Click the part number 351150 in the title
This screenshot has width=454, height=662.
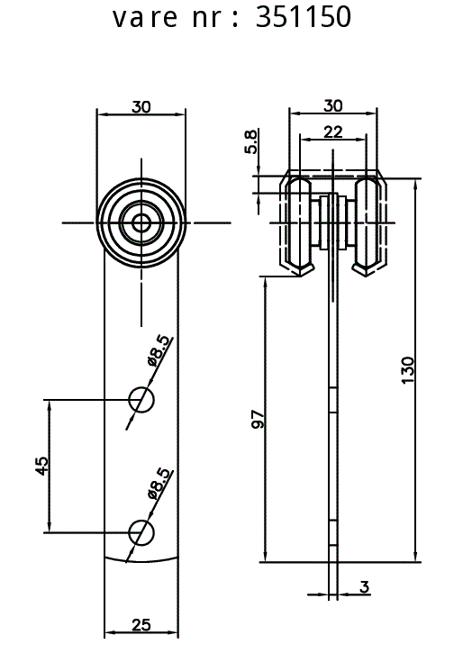(x=304, y=17)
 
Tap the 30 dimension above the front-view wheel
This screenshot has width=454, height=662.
(x=141, y=107)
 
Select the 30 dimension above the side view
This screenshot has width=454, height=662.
(x=332, y=105)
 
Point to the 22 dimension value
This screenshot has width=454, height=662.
(x=332, y=132)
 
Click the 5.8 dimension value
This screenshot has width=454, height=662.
(x=250, y=142)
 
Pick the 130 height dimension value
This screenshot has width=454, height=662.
(x=408, y=370)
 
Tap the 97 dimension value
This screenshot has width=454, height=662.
(x=258, y=419)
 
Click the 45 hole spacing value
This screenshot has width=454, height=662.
(x=41, y=466)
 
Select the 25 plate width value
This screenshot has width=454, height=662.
(x=141, y=624)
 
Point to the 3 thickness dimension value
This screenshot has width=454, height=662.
(x=365, y=586)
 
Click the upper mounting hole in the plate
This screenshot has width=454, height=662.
(x=141, y=399)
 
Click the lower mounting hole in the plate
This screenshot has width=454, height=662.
(x=141, y=533)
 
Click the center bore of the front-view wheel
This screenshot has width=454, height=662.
(x=141, y=222)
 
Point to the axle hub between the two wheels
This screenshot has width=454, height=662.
(x=333, y=222)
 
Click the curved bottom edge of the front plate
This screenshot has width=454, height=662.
(x=141, y=561)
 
